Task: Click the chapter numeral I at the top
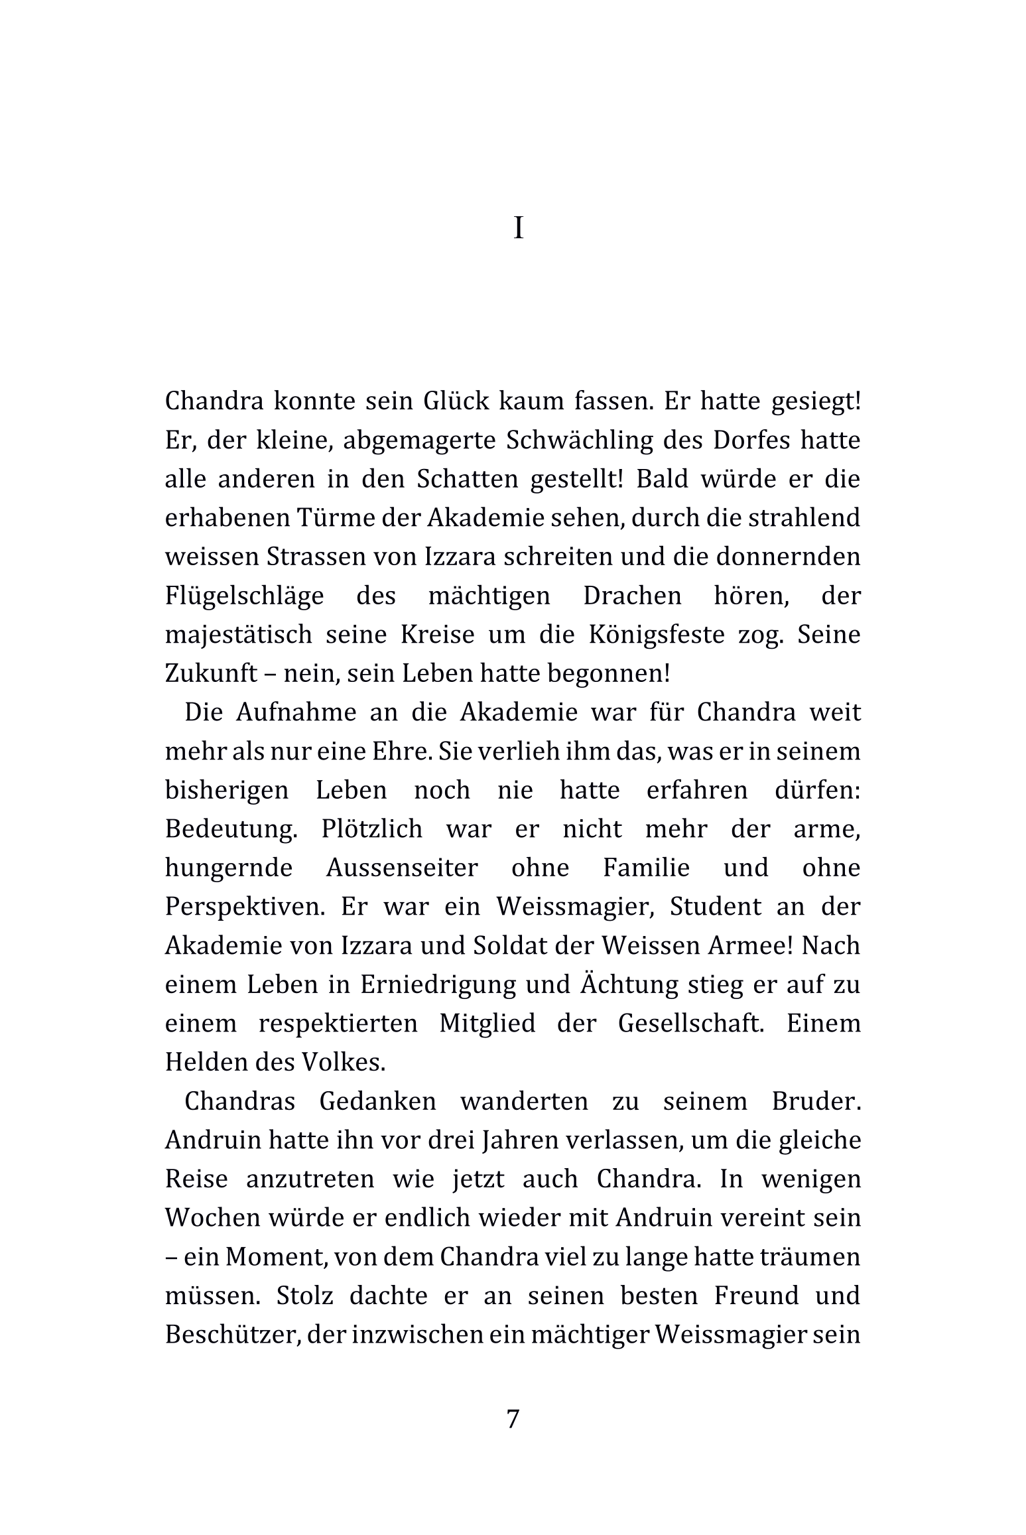(519, 229)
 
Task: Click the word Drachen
(632, 596)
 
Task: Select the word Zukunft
(211, 674)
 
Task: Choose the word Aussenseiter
(401, 868)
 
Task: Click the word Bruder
(816, 1101)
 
